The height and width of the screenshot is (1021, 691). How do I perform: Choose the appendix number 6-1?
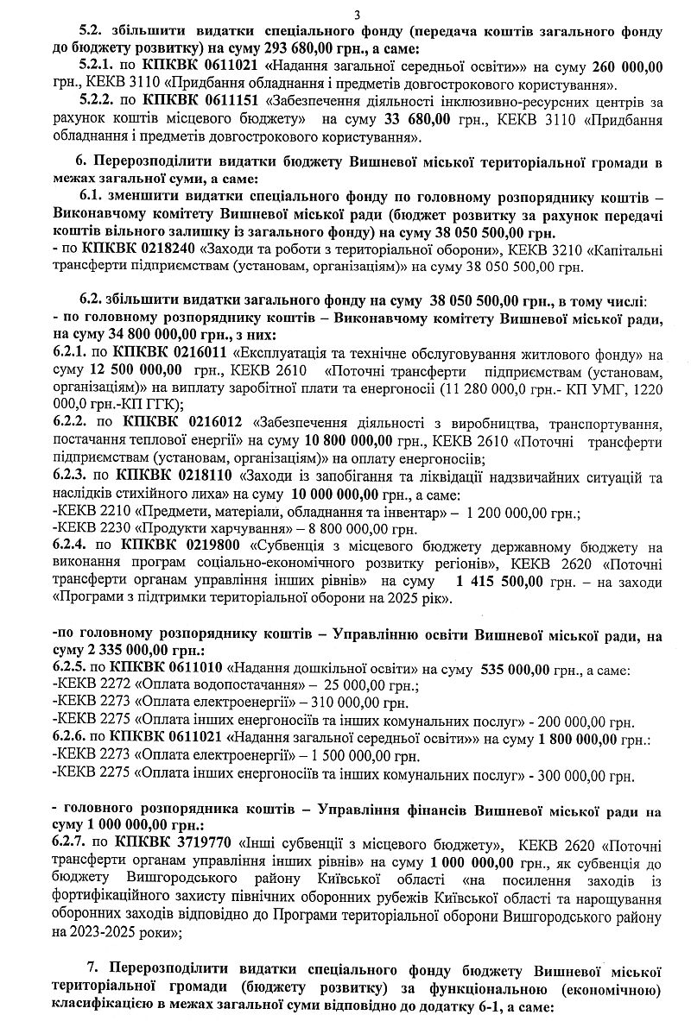pyautogui.click(x=493, y=1006)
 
